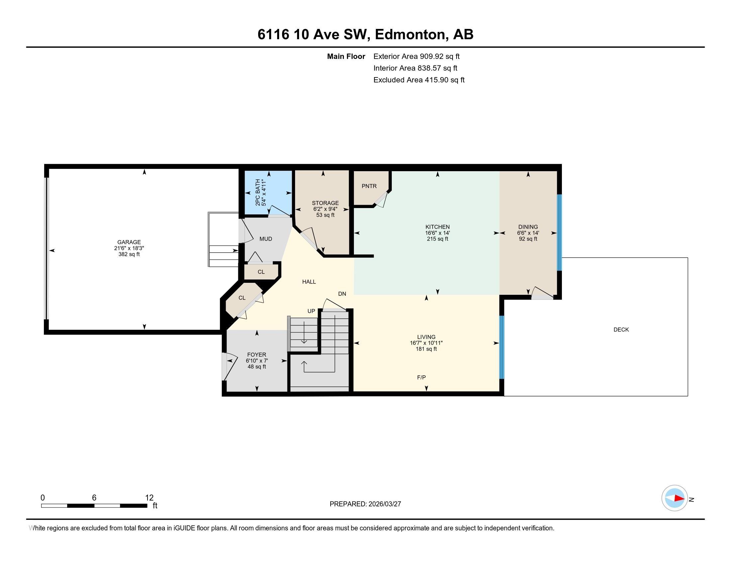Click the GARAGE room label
point(129,242)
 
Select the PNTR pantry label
point(369,186)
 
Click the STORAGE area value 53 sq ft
point(325,215)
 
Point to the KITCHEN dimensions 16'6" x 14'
point(437,233)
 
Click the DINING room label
point(528,227)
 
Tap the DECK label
point(621,330)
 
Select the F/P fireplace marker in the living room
point(421,378)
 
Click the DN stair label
point(342,294)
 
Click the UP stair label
point(311,311)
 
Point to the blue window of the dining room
point(559,232)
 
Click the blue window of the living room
point(501,347)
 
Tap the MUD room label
point(266,239)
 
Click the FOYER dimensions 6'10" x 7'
point(257,361)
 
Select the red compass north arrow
point(679,499)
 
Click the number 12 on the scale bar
point(149,498)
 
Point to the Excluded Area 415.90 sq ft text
point(419,80)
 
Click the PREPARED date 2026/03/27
point(384,504)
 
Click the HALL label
point(309,282)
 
